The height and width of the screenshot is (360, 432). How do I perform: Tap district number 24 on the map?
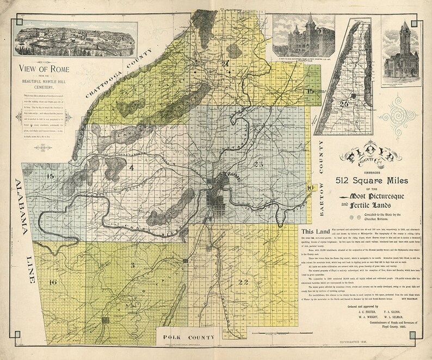pyautogui.click(x=225, y=64)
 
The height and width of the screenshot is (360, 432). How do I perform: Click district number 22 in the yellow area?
pyautogui.click(x=243, y=281)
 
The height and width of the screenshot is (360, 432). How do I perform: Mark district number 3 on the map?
pyautogui.click(x=132, y=265)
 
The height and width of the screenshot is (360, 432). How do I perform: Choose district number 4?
pyautogui.click(x=131, y=167)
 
